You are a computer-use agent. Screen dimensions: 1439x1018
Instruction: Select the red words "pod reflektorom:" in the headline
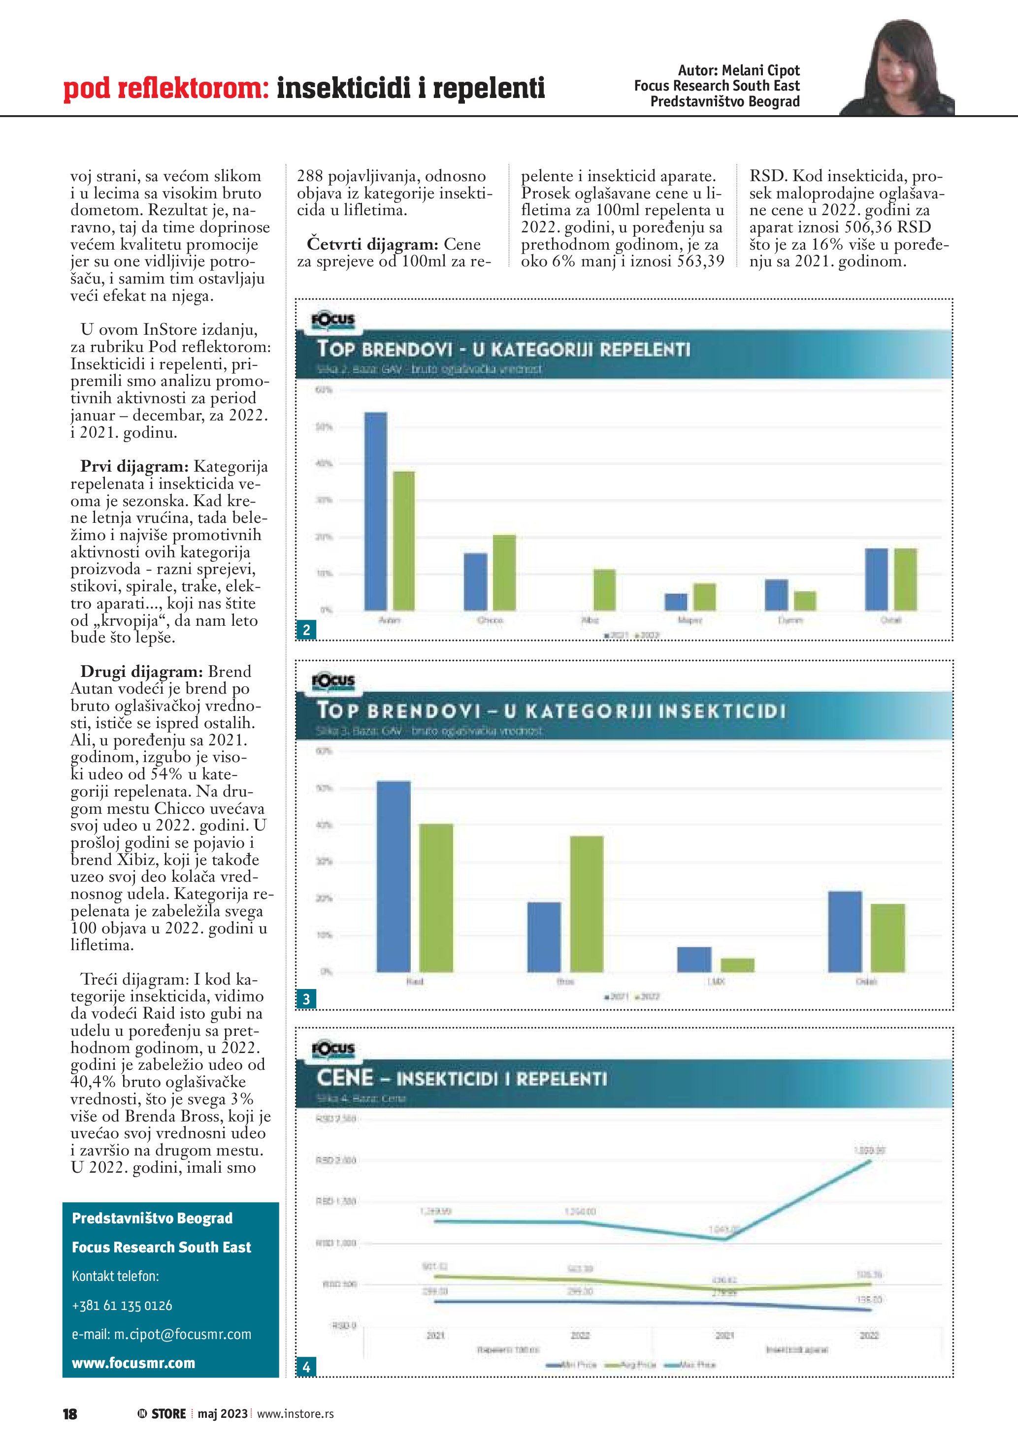(166, 89)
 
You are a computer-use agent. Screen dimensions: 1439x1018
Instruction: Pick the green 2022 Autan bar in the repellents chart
(404, 540)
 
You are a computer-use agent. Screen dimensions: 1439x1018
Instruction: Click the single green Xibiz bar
(604, 589)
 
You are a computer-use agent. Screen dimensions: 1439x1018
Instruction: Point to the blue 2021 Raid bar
(393, 876)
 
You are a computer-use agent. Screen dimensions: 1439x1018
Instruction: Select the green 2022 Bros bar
(587, 903)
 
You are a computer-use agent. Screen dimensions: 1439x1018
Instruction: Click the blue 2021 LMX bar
(694, 959)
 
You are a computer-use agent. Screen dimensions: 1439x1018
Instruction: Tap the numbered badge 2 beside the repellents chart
(306, 630)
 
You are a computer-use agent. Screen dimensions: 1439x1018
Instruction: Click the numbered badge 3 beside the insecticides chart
(306, 999)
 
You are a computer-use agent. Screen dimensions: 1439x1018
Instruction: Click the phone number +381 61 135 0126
(122, 1306)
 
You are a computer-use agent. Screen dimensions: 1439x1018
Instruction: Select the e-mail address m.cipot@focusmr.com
(161, 1334)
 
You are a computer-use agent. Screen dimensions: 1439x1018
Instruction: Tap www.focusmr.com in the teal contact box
(133, 1363)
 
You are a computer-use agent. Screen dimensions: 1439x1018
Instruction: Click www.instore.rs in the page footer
(295, 1414)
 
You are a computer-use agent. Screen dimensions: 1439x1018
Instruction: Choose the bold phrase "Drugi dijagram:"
(141, 671)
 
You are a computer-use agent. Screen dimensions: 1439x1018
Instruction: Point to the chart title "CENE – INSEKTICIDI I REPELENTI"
(461, 1079)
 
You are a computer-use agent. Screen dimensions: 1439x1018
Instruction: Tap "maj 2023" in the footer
(223, 1414)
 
